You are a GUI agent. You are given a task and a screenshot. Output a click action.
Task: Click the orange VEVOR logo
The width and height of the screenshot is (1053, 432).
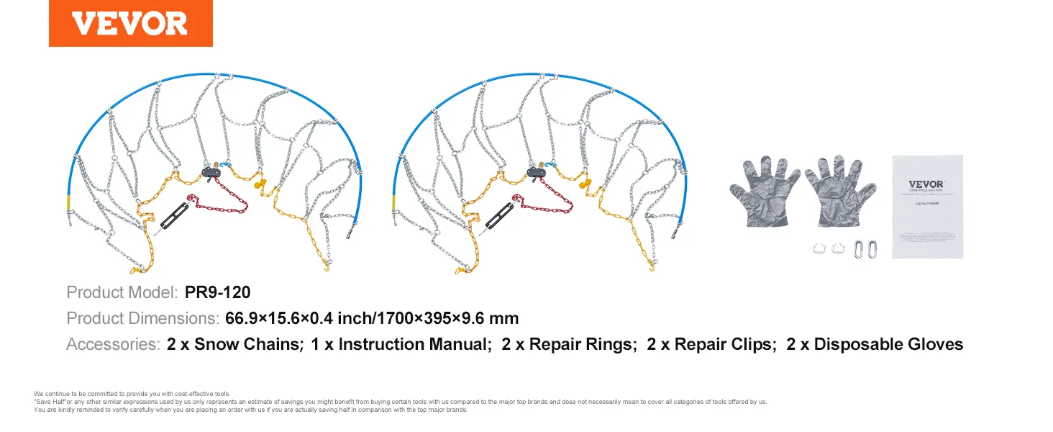click(130, 24)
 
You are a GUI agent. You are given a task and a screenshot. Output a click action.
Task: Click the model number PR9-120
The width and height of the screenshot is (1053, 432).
click(217, 293)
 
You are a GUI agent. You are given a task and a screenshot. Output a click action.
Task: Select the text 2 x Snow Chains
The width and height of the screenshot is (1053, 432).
click(234, 344)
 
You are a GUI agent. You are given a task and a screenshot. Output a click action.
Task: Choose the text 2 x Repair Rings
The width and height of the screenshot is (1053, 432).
click(569, 344)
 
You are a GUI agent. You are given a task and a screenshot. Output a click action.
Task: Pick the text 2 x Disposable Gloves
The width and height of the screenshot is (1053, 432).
click(875, 344)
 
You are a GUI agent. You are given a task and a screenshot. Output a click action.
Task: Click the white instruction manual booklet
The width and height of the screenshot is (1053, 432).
click(926, 207)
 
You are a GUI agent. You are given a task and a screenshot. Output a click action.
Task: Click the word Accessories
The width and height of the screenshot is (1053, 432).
click(112, 344)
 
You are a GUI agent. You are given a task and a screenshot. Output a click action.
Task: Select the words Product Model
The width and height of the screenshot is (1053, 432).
click(122, 293)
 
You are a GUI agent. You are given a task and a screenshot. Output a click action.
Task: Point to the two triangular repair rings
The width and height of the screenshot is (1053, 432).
click(827, 249)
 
